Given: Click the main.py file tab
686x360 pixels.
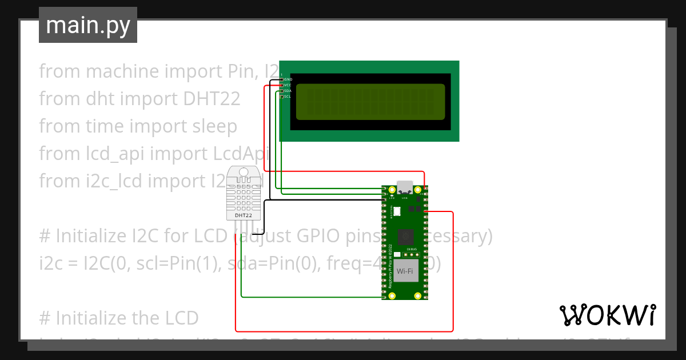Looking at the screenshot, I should [x=87, y=25].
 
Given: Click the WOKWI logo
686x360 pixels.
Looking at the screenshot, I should [x=607, y=315].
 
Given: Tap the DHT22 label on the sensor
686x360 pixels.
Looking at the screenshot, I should [x=244, y=215].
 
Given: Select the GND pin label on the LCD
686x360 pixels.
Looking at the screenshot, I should [x=288, y=79].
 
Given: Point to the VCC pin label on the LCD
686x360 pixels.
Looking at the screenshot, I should [x=288, y=85].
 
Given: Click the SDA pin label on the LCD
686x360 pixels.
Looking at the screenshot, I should [x=288, y=91].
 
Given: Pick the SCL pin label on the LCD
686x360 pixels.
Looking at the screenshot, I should [x=288, y=97].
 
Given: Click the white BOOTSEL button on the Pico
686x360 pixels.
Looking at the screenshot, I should [x=397, y=211].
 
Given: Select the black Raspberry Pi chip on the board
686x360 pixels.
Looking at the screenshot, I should [x=405, y=236].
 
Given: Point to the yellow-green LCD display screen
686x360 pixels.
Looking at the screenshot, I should [x=370, y=102].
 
